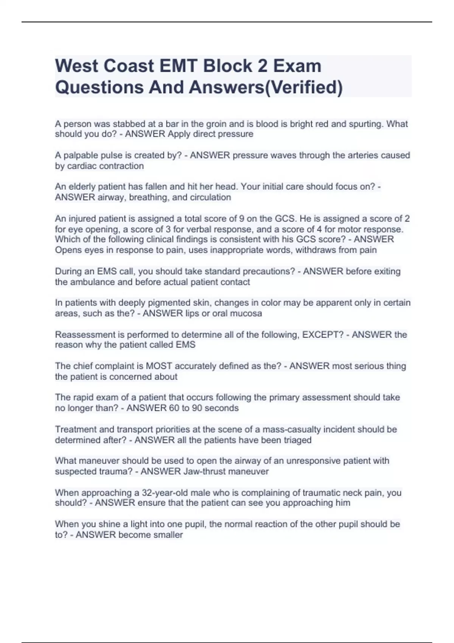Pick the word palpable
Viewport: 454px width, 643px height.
79,155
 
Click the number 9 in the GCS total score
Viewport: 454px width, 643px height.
242,219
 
